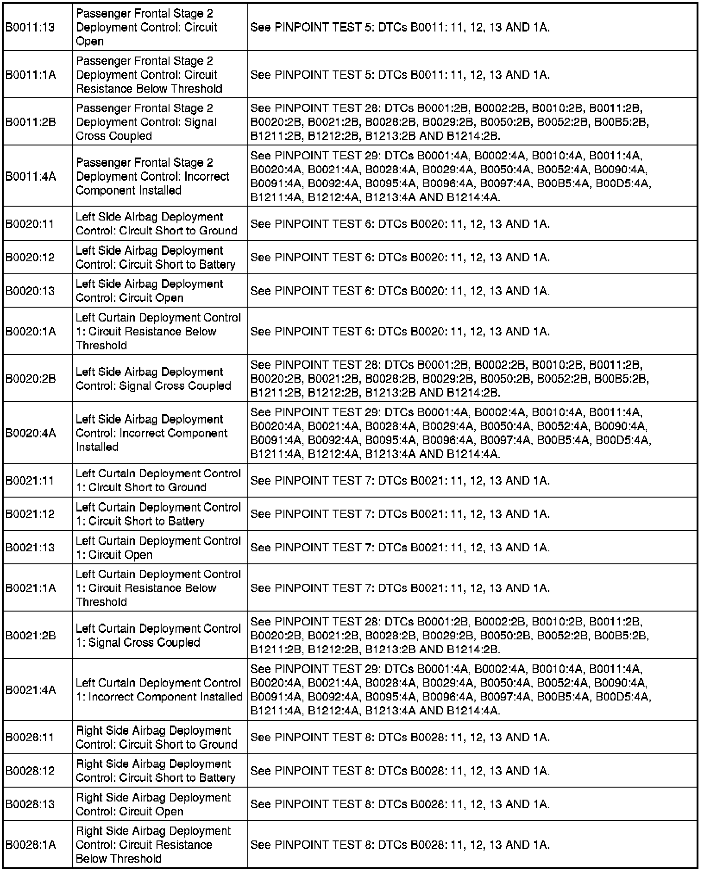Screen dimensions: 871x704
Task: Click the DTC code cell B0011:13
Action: [x=30, y=27]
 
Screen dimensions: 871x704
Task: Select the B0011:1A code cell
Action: [x=31, y=75]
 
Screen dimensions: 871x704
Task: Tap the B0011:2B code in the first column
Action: [x=31, y=122]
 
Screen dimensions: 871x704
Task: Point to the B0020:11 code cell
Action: [x=30, y=224]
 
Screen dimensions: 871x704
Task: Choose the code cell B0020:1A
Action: [x=31, y=331]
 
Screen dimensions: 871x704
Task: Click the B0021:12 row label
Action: [x=30, y=514]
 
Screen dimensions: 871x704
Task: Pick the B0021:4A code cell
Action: [x=31, y=690]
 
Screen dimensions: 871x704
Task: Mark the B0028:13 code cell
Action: [x=30, y=804]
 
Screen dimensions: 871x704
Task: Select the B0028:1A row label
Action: [x=31, y=845]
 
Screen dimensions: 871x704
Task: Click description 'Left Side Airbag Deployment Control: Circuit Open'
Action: [x=149, y=290]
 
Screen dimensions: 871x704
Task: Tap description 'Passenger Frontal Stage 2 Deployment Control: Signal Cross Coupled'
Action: [x=146, y=122]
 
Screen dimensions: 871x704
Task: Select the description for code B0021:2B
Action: [x=158, y=635]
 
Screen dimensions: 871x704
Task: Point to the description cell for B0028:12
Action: [x=155, y=770]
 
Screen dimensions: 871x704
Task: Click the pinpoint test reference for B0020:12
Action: [x=400, y=257]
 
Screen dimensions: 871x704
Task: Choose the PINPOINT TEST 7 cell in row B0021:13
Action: [x=400, y=547]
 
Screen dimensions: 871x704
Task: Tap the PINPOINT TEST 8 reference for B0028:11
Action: [x=400, y=737]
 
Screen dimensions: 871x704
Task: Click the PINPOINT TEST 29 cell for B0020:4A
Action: [x=450, y=433]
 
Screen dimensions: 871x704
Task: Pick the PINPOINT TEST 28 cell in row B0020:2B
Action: [x=449, y=379]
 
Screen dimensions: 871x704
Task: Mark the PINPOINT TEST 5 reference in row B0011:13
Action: [x=400, y=27]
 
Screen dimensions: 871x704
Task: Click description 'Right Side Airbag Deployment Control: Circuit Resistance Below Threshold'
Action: [x=153, y=845]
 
